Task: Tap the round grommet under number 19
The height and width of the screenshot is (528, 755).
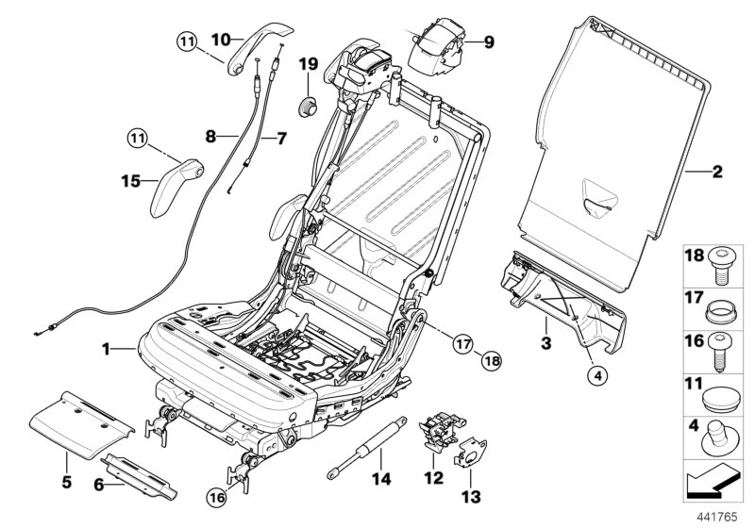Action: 308,104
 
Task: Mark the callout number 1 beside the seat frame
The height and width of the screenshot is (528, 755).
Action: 109,349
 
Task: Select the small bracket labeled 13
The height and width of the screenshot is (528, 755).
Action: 468,456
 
